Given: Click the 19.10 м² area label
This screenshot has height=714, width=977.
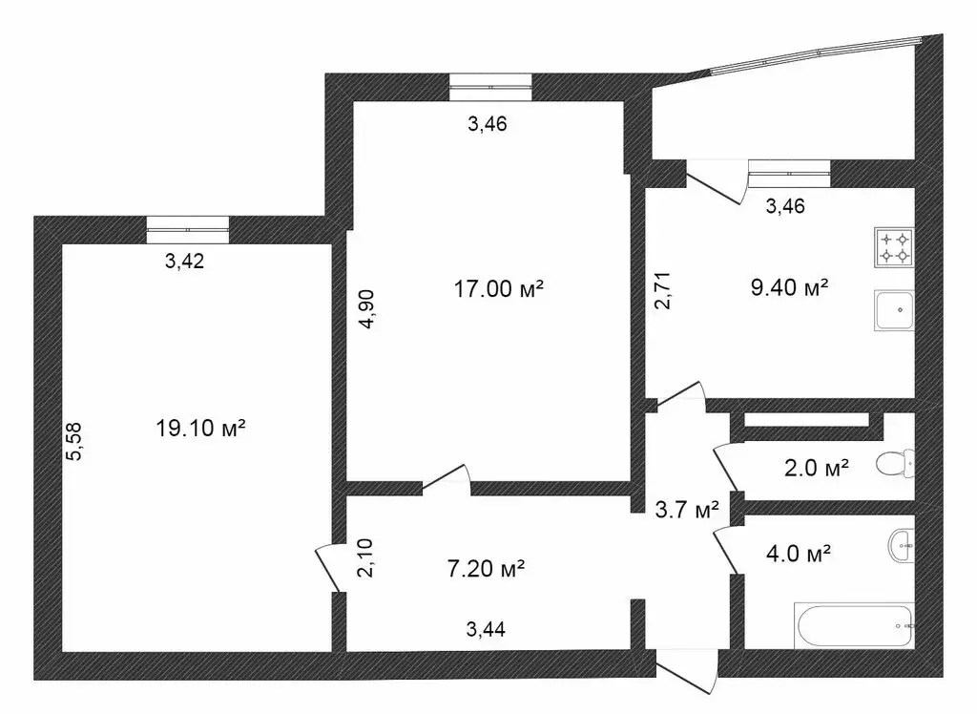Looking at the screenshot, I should point(200,429).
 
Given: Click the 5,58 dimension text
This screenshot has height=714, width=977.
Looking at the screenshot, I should point(73,441).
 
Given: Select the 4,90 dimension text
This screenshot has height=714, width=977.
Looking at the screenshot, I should point(366,308).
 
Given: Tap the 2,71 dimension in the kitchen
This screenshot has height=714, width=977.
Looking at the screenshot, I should point(664,291).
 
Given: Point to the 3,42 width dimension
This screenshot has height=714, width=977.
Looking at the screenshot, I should point(185,263).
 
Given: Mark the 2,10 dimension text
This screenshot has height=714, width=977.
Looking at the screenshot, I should point(365,557).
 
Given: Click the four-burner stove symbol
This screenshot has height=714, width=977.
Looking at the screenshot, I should point(895,246).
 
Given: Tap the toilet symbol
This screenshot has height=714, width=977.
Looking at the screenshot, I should point(895,465).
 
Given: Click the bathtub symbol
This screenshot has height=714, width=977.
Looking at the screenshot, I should point(854,625).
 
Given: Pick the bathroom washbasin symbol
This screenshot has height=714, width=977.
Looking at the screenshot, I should point(900,546).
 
